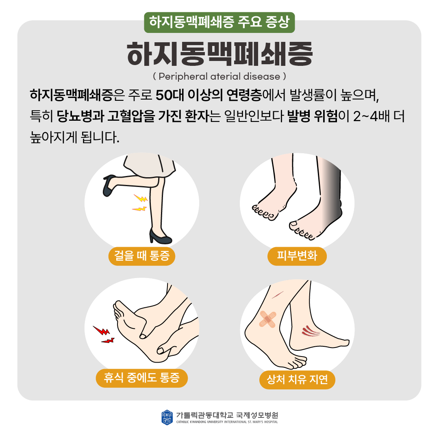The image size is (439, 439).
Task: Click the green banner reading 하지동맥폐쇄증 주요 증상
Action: tap(219, 22)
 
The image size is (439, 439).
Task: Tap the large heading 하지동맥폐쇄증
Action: tap(220, 54)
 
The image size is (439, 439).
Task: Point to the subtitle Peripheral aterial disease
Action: tap(219, 76)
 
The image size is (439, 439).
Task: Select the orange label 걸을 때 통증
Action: tap(142, 256)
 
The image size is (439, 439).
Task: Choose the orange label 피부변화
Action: tap(297, 256)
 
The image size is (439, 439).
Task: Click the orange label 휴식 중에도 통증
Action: tap(142, 378)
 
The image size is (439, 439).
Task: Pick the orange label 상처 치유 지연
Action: tap(297, 380)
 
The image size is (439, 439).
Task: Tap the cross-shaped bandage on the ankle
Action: tap(267, 319)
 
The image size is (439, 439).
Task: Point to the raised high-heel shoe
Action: tap(109, 185)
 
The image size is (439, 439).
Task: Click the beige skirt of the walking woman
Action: tap(150, 167)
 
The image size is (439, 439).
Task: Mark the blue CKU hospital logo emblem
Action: tap(167, 417)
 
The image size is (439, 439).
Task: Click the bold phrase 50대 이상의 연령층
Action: tap(209, 96)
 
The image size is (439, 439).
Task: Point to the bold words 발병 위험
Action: tap(313, 117)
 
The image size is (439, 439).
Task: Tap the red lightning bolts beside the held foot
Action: tap(104, 335)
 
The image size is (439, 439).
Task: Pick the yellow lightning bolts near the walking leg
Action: tap(140, 203)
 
